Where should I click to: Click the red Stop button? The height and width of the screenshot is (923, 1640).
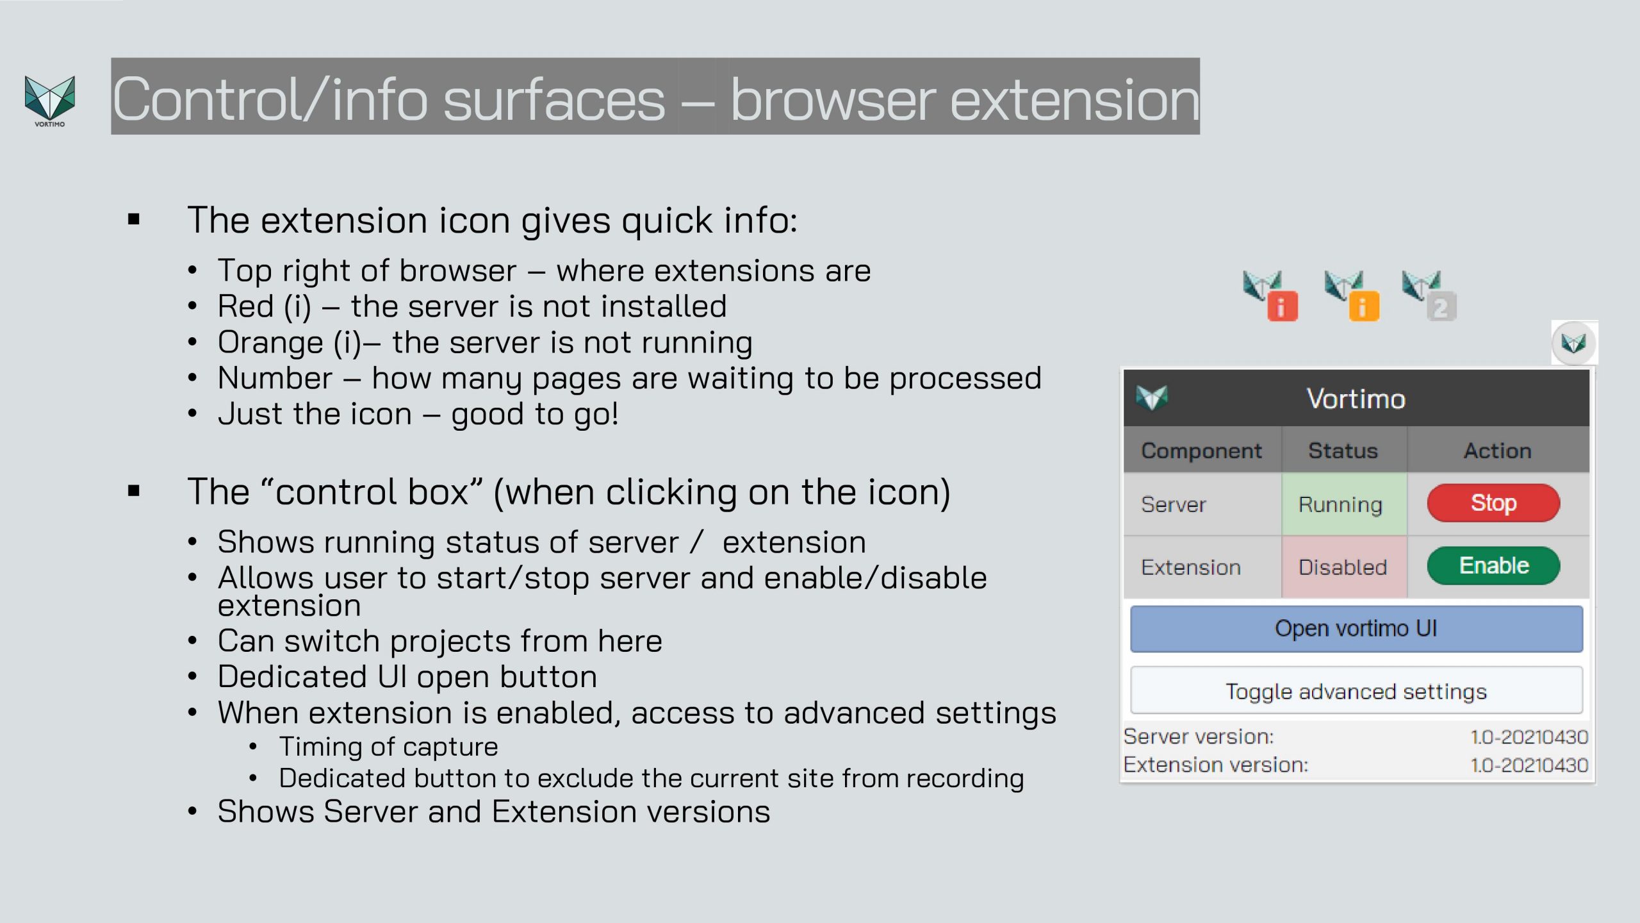coord(1493,503)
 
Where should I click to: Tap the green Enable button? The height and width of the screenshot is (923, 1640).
coord(1493,565)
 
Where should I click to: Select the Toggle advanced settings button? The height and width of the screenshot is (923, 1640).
coord(1356,691)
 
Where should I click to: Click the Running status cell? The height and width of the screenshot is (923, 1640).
coord(1343,504)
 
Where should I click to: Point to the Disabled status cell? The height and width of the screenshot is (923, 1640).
coord(1343,567)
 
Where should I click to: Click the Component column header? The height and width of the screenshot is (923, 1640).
coord(1201,451)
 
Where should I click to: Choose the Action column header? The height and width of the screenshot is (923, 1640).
coord(1497,451)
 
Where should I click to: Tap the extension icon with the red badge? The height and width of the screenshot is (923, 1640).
coord(1270,295)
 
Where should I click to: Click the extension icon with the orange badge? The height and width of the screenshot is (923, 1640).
coord(1352,295)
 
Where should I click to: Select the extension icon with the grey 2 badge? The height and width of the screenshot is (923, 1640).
coord(1429,295)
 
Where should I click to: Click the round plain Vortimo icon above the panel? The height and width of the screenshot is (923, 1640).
coord(1574,343)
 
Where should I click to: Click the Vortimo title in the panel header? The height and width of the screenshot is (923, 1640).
coord(1356,399)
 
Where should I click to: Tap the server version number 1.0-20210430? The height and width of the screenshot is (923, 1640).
coord(1529,737)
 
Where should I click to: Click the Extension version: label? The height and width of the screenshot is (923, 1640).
coord(1216,765)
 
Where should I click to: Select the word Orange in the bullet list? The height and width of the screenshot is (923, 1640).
coord(270,342)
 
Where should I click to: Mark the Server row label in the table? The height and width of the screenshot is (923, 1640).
coord(1173,504)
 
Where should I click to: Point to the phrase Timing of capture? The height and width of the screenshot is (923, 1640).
coord(388,747)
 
